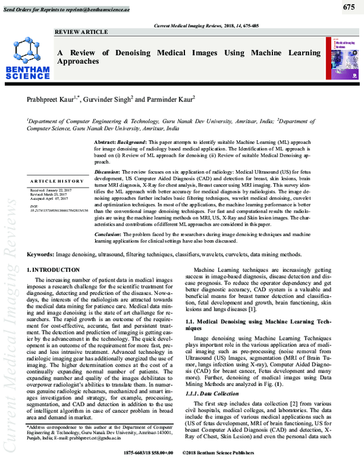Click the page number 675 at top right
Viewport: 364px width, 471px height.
point(348,7)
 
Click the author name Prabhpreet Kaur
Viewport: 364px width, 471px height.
point(48,99)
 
